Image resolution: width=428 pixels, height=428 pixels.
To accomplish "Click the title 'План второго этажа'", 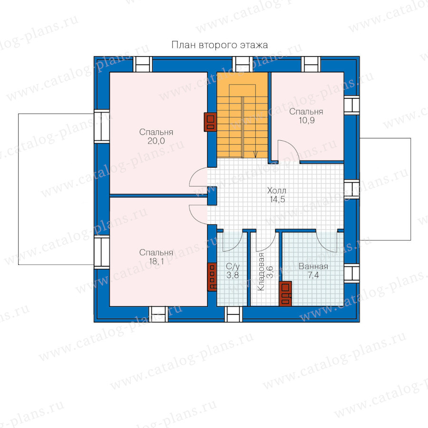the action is click(x=219, y=45).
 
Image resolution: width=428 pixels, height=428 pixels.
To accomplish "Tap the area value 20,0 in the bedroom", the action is click(x=156, y=141).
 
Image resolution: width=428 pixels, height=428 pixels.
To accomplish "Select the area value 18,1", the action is click(x=156, y=262).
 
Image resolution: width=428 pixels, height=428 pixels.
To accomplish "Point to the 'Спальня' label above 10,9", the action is click(x=306, y=112).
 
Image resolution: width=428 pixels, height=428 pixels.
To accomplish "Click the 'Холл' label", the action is click(x=277, y=190).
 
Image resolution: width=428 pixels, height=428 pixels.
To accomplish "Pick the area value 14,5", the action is click(x=277, y=199).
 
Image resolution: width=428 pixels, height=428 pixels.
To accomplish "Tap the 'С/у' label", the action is click(x=233, y=266).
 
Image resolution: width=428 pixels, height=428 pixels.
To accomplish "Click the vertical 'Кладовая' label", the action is click(x=261, y=272).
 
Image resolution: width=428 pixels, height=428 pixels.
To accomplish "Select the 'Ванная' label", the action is click(x=313, y=266).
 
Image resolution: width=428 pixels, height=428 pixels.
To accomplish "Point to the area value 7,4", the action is click(x=313, y=275).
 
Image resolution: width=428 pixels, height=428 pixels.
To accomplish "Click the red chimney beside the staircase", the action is click(x=211, y=122).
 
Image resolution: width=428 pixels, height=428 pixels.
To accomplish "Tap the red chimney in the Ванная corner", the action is click(x=285, y=293).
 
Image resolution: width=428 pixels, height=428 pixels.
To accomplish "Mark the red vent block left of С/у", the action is click(x=212, y=277).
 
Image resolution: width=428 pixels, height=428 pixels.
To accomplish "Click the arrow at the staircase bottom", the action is click(x=255, y=154).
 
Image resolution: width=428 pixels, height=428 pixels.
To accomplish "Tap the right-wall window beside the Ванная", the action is click(x=351, y=273).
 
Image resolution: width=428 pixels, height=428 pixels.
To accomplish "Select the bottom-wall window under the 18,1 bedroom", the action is click(x=158, y=314).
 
